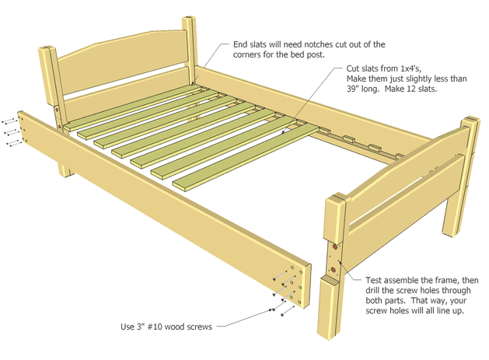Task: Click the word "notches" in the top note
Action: coord(307,45)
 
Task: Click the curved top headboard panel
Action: coord(124,56)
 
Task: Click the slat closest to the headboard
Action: coord(117,108)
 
